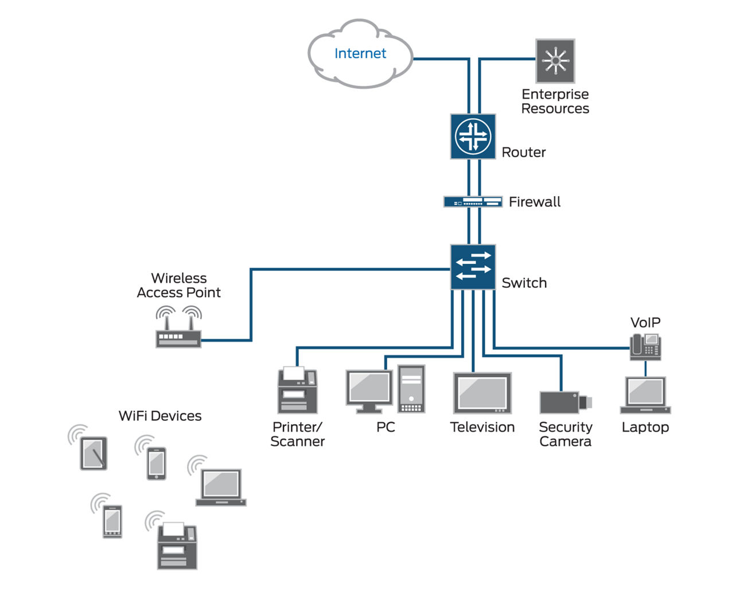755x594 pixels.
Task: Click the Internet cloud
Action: pyautogui.click(x=360, y=54)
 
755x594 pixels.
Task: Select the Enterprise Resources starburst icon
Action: pyautogui.click(x=555, y=61)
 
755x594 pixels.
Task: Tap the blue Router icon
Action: pyautogui.click(x=473, y=136)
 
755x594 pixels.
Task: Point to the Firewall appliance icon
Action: pyautogui.click(x=473, y=202)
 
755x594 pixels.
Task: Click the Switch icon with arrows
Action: pyautogui.click(x=473, y=267)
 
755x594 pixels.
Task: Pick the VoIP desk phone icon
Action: pyautogui.click(x=645, y=346)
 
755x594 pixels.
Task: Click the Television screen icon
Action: pyautogui.click(x=482, y=393)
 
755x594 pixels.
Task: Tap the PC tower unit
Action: pyautogui.click(x=411, y=389)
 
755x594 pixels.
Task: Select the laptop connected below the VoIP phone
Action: pyautogui.click(x=645, y=395)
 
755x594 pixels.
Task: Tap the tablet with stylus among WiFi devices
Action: pyautogui.click(x=94, y=454)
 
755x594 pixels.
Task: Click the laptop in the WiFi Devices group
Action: pyautogui.click(x=221, y=487)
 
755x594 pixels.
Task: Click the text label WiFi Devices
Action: pyautogui.click(x=160, y=416)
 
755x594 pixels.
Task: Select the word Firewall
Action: pyautogui.click(x=534, y=202)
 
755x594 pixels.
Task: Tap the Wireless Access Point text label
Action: pyautogui.click(x=178, y=285)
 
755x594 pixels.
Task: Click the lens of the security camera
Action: pyautogui.click(x=585, y=402)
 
